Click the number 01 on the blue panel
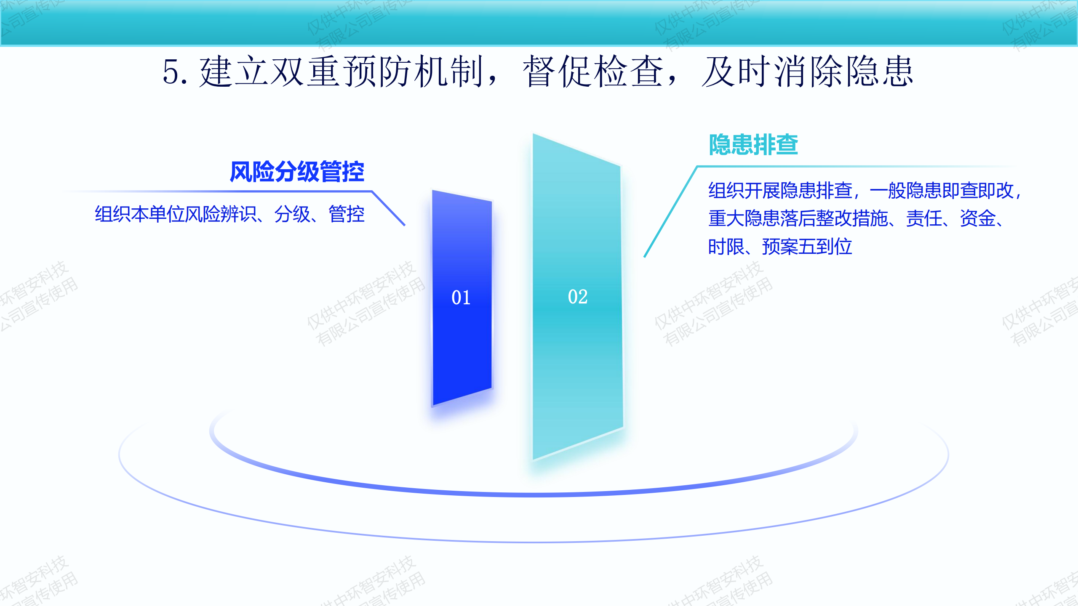click(461, 298)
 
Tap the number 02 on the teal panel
click(577, 297)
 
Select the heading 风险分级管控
click(297, 172)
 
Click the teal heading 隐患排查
click(753, 144)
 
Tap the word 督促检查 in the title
click(593, 72)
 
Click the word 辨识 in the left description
click(239, 214)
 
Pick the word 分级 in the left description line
click(292, 214)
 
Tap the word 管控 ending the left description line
click(347, 214)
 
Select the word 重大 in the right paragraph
click(726, 218)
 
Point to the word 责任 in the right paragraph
click(924, 218)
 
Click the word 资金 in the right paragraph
click(978, 218)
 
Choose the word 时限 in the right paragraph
click(726, 247)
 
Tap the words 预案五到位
click(807, 247)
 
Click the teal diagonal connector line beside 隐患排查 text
click(671, 212)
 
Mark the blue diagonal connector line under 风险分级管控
click(388, 209)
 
